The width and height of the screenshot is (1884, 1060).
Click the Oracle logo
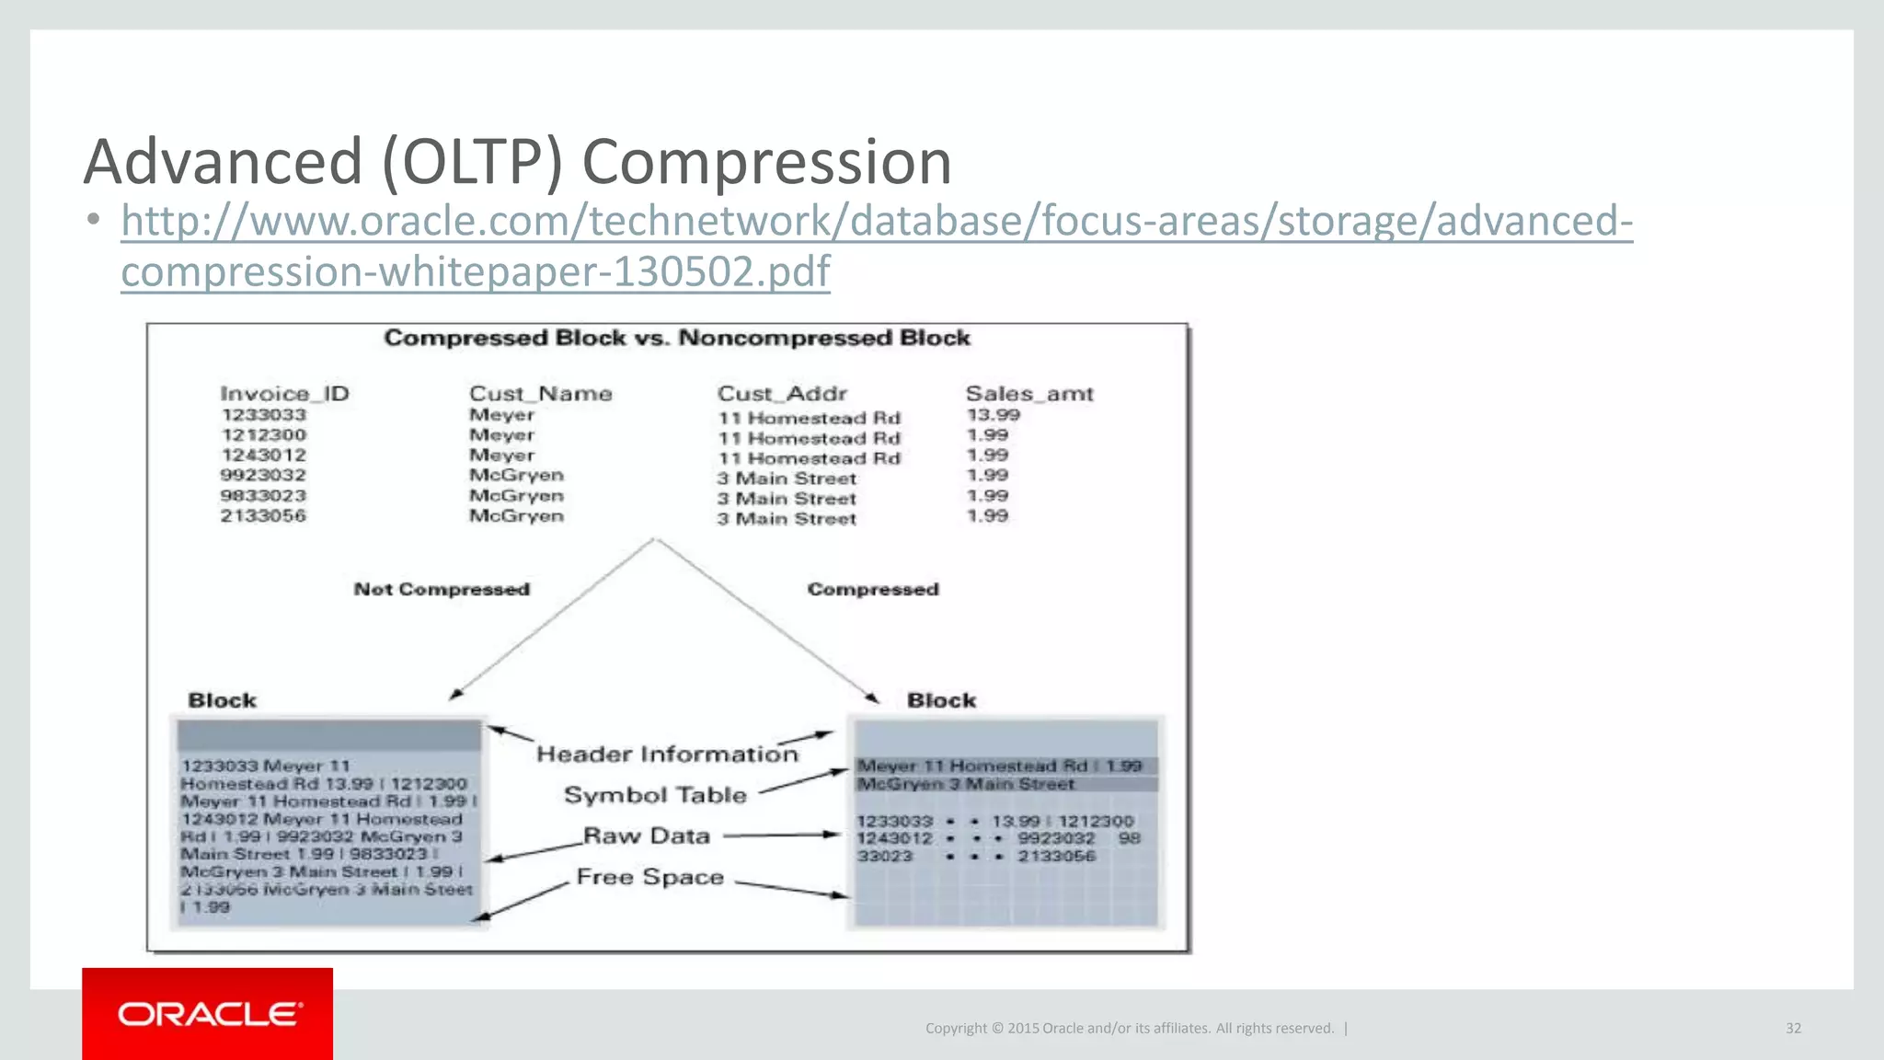(208, 1014)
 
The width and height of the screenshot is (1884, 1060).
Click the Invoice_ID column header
(284, 394)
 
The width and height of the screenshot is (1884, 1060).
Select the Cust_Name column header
(540, 394)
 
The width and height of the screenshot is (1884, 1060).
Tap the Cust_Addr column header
(782, 394)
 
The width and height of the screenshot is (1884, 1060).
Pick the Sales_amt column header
(1029, 394)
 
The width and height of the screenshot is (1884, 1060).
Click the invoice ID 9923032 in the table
(263, 476)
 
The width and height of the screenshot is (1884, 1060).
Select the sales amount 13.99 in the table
(993, 415)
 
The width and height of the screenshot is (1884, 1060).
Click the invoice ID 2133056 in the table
(263, 516)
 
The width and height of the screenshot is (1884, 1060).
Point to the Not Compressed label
(442, 589)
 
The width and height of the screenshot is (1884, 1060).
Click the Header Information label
(667, 755)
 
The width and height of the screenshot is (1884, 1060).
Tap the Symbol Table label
(655, 795)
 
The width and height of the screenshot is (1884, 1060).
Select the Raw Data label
(647, 836)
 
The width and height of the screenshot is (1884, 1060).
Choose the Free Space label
(650, 877)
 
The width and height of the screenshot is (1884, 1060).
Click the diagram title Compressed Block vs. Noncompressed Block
(677, 338)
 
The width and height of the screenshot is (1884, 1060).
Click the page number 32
(1793, 1028)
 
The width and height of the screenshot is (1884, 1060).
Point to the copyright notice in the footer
(1129, 1028)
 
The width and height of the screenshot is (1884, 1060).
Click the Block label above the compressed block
(941, 700)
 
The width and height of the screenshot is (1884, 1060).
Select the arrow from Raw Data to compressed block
(782, 835)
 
